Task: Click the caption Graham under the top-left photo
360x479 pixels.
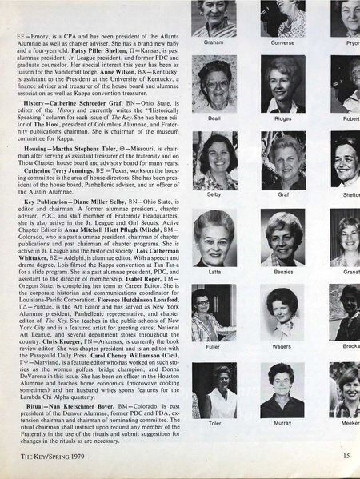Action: coord(214,42)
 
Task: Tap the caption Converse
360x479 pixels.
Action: coord(282,42)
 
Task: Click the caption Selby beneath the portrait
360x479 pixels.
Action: coord(214,193)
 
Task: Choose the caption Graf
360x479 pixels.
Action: coord(282,193)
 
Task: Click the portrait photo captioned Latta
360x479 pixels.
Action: coord(214,238)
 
